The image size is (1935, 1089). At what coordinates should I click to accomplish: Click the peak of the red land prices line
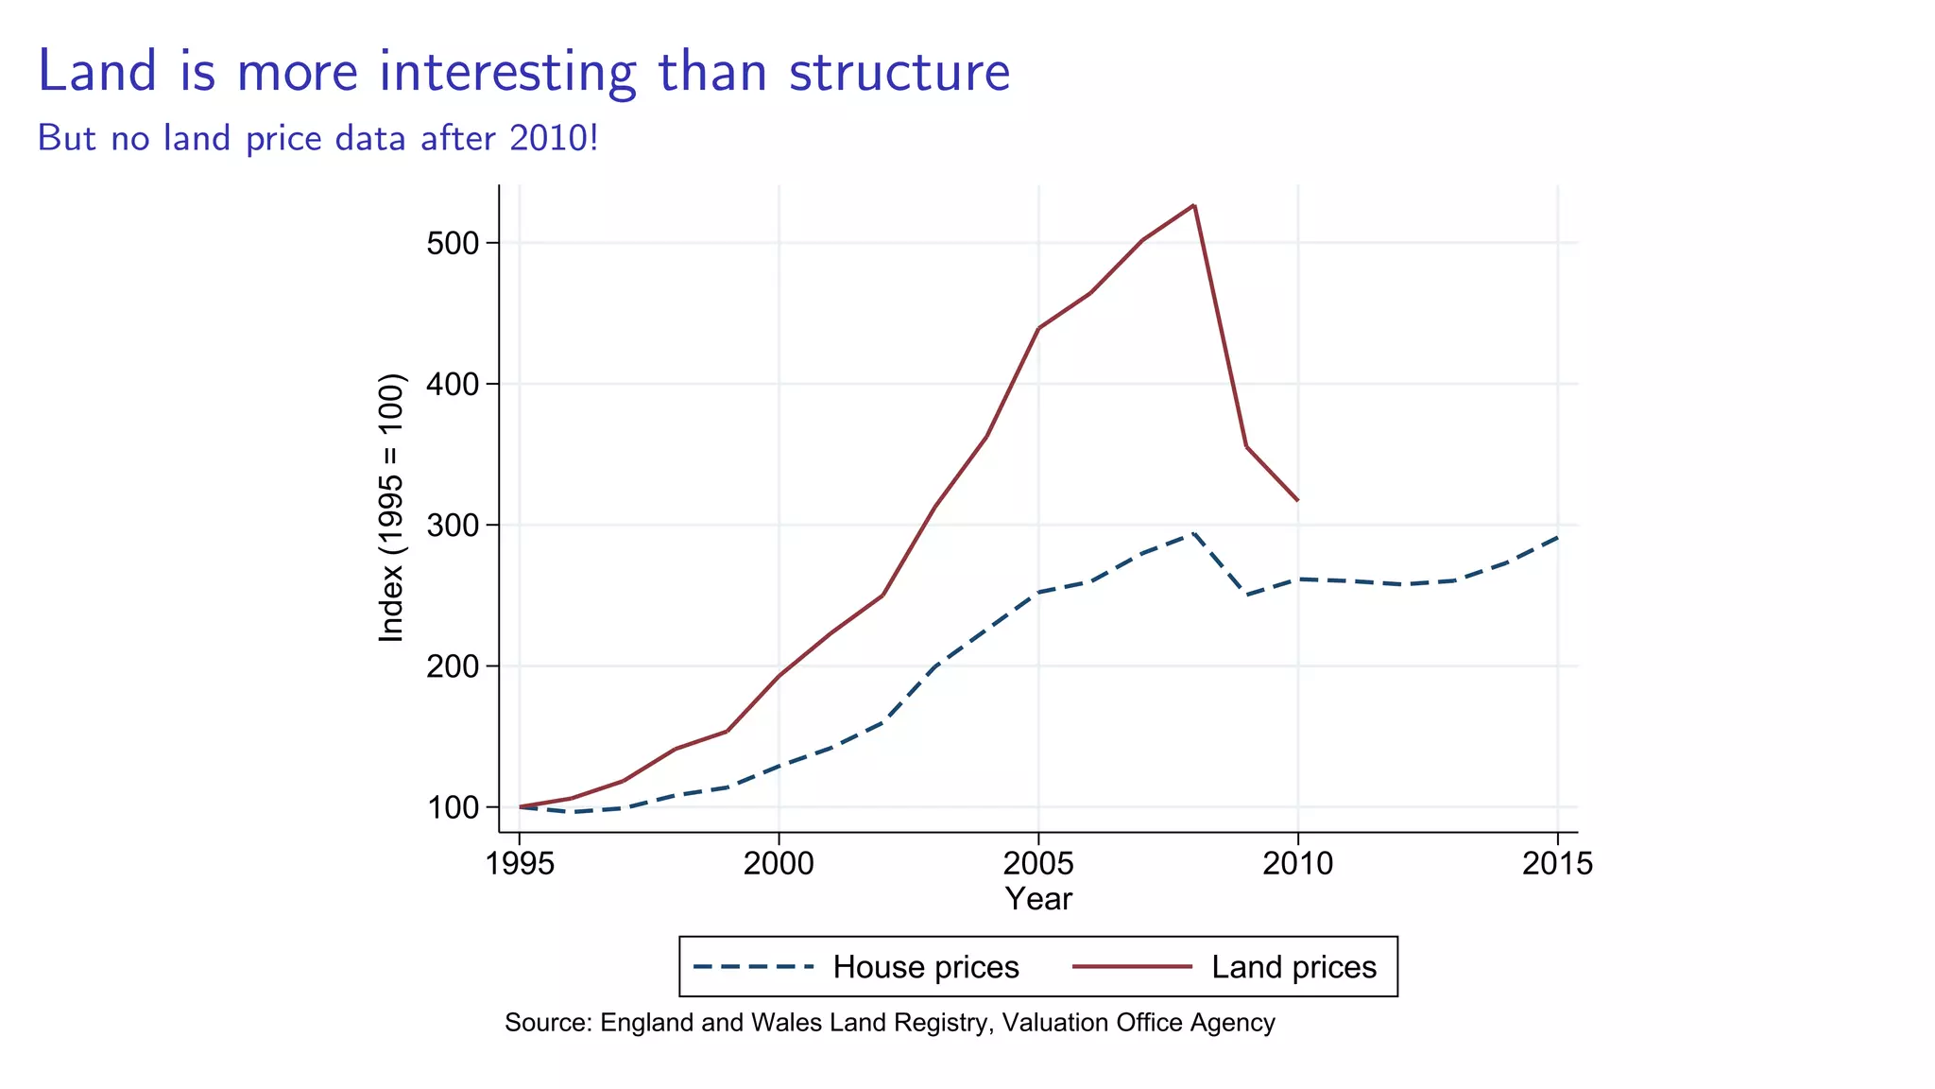point(1194,205)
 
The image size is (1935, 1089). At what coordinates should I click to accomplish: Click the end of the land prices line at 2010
point(1297,500)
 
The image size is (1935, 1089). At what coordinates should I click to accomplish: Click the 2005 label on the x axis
point(1037,864)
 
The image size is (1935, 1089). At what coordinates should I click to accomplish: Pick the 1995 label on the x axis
point(519,864)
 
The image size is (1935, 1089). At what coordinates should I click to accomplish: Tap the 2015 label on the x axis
point(1556,864)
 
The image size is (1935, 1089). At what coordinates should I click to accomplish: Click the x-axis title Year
point(1037,899)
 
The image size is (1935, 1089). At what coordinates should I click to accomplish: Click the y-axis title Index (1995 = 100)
point(391,509)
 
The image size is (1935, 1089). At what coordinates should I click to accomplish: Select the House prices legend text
point(925,967)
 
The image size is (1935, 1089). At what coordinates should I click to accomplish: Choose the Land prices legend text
point(1293,967)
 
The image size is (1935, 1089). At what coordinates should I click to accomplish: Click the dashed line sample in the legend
point(753,967)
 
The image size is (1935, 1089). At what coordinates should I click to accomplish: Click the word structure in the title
point(899,73)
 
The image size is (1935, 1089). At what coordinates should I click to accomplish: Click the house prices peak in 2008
point(1193,533)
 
